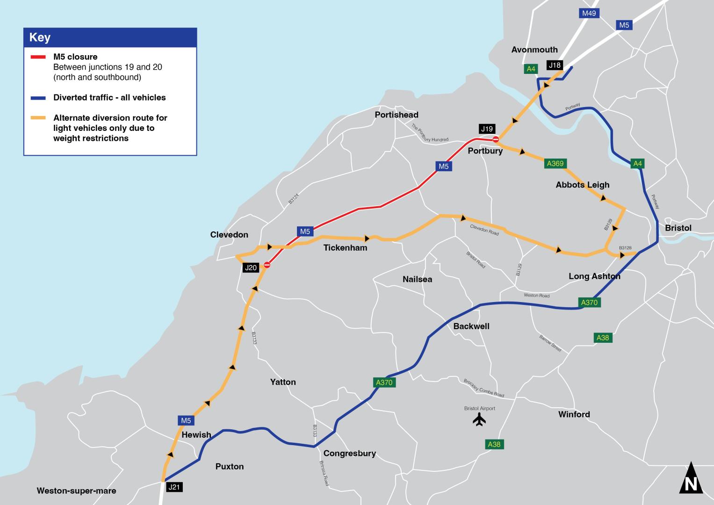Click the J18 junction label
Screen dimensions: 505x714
pyautogui.click(x=555, y=65)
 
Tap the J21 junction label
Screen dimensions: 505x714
pyautogui.click(x=174, y=487)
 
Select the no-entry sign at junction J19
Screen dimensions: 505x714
pyautogui.click(x=496, y=139)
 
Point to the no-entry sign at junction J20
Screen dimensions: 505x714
pyautogui.click(x=267, y=265)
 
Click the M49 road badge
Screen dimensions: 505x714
pyautogui.click(x=589, y=13)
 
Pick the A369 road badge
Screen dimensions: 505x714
pyautogui.click(x=555, y=163)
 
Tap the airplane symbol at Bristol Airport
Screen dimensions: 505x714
pyautogui.click(x=479, y=419)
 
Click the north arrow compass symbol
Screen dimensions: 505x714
pyautogui.click(x=691, y=479)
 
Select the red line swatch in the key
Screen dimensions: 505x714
pyautogui.click(x=38, y=57)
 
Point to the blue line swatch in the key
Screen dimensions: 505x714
pyautogui.click(x=38, y=98)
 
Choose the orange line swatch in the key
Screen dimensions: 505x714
pyautogui.click(x=38, y=118)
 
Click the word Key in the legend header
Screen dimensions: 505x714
pyautogui.click(x=40, y=37)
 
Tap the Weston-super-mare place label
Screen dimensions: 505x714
pyautogui.click(x=76, y=491)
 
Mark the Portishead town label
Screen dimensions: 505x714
pyautogui.click(x=397, y=115)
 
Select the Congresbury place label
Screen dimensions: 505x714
pyautogui.click(x=349, y=453)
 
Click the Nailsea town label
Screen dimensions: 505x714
pyautogui.click(x=417, y=279)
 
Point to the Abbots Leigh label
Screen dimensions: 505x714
pyautogui.click(x=582, y=185)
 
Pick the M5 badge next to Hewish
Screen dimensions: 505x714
pyautogui.click(x=186, y=420)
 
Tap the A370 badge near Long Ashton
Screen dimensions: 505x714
pyautogui.click(x=589, y=303)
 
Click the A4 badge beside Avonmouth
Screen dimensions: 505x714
pyautogui.click(x=531, y=69)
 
